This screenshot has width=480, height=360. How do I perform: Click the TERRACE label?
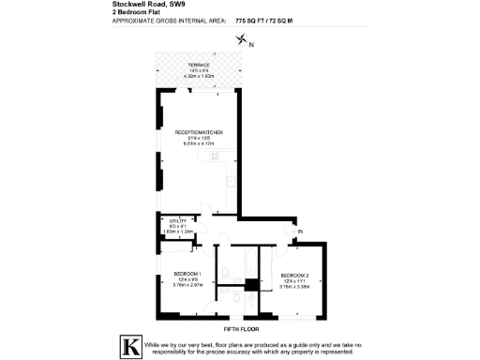197,67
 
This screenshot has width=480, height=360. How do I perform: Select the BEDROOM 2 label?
295,275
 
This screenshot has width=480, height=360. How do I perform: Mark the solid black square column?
251,284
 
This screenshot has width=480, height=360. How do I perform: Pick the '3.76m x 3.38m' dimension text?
295,286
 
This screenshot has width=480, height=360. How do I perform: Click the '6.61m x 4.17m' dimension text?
197,144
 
